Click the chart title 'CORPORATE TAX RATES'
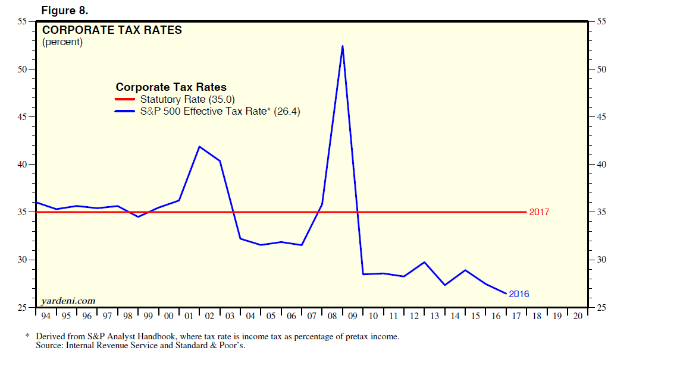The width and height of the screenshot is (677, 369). coord(112,30)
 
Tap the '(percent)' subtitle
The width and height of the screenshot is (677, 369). coord(62,42)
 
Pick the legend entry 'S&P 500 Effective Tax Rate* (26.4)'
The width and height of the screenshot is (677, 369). coord(220,111)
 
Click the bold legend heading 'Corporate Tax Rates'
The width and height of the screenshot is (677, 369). coord(171,87)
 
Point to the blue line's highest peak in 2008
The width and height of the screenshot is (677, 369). coord(343,46)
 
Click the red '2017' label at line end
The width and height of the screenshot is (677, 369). coord(538,212)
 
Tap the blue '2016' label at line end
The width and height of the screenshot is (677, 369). coord(519,294)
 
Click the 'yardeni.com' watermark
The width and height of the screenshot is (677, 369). coord(68,301)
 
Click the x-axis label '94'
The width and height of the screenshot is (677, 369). coord(46,316)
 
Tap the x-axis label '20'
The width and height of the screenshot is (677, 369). coord(577,316)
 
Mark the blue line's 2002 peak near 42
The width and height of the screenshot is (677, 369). coord(199,146)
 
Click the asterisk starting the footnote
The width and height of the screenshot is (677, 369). coord(27,336)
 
